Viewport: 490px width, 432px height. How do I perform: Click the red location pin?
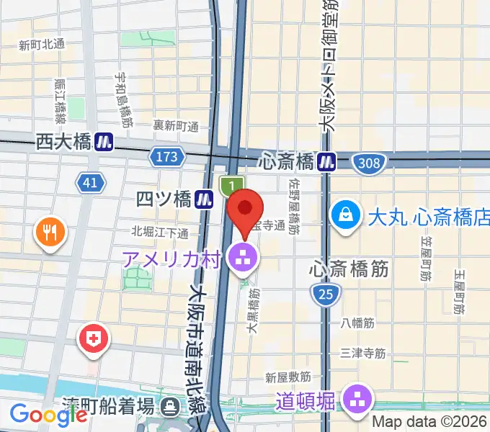245,210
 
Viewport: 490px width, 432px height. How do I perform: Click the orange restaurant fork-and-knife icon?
50,233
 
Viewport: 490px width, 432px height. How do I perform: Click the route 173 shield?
165,155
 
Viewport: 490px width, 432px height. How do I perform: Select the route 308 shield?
368,163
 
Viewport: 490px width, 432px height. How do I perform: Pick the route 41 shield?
89,184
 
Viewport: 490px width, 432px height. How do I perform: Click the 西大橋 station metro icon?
104,142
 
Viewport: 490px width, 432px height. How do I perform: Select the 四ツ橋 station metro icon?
206,199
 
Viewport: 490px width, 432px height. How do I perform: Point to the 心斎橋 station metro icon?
328,161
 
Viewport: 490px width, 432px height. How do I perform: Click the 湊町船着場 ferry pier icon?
170,406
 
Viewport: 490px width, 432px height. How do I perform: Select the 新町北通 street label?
42,45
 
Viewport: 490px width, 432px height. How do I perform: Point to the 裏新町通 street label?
176,126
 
